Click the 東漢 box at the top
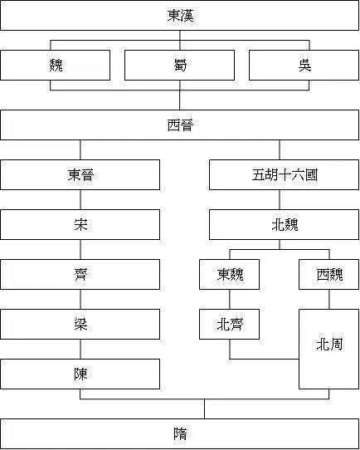179,15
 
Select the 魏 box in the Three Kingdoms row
55,65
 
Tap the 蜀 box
179,65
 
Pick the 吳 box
304,65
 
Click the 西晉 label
180,125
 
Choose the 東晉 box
80,175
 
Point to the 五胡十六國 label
285,175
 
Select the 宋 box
80,224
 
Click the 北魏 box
284,224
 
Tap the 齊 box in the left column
80,274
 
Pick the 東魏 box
229,274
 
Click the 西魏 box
329,274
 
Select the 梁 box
80,324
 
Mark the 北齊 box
229,324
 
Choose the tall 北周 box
329,349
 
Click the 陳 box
80,374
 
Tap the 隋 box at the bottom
180,433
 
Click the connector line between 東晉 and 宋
80,200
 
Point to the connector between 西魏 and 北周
329,299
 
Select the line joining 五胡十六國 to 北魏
280,200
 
